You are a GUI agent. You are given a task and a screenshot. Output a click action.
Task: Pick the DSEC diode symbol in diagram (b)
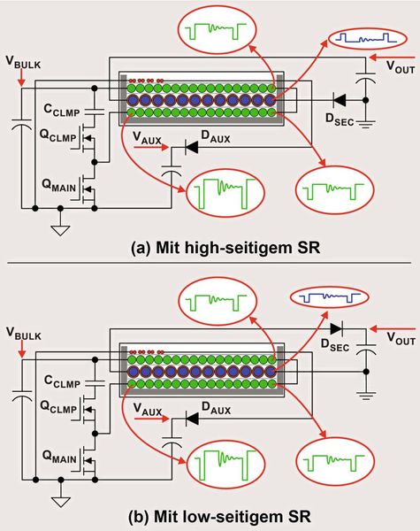339,325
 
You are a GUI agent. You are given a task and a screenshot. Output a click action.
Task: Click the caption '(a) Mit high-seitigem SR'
210,248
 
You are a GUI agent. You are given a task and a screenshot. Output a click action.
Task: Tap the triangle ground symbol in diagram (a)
59,229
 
